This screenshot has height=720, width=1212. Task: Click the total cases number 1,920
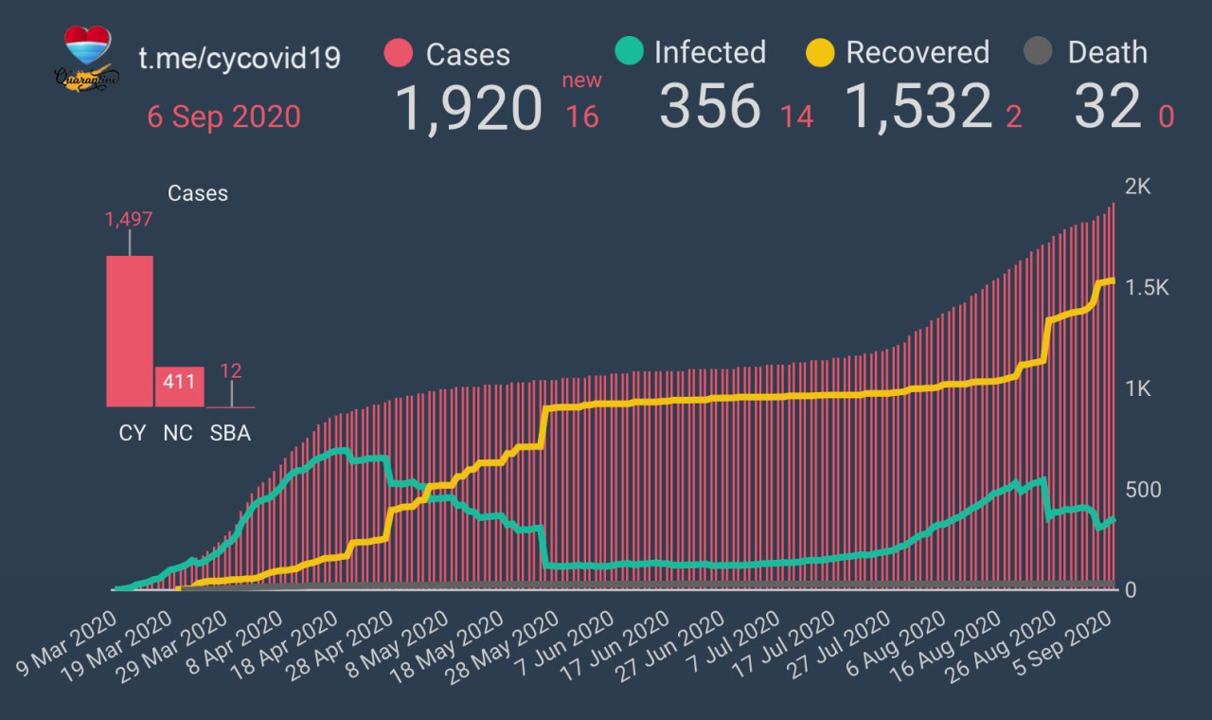click(468, 106)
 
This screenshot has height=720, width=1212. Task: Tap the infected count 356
click(710, 106)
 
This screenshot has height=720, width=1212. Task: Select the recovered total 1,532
click(918, 106)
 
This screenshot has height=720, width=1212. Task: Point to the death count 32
click(1107, 106)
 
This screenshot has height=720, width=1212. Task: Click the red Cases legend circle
click(400, 53)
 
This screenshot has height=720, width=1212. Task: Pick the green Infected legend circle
click(628, 51)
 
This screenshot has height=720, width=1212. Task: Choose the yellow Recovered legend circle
click(819, 52)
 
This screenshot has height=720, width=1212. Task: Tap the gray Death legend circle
click(1039, 52)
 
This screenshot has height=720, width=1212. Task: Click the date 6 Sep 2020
click(223, 117)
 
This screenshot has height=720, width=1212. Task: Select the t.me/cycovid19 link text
click(240, 58)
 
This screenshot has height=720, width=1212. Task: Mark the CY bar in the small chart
click(130, 332)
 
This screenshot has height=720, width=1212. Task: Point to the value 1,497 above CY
click(129, 220)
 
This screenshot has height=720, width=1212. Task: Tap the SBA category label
click(231, 433)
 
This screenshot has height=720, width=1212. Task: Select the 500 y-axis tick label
click(1143, 490)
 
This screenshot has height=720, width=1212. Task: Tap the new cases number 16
click(582, 117)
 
